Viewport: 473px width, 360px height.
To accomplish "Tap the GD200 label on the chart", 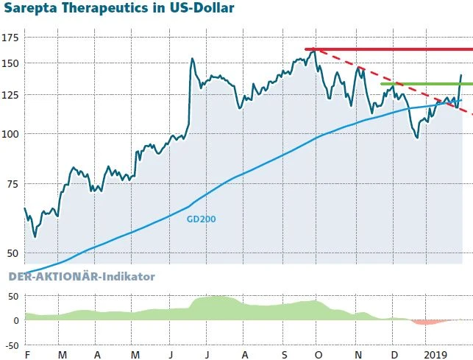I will (x=201, y=219).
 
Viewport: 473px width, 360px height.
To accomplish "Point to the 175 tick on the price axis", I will (x=11, y=38).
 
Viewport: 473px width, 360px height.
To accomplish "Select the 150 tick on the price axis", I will (x=11, y=64).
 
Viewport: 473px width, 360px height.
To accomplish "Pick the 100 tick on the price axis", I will (x=11, y=134).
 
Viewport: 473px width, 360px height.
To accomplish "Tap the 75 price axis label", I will (x=11, y=184).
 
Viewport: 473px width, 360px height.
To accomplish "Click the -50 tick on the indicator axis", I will (x=11, y=345).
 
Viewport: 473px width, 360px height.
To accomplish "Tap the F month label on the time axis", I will (x=27, y=355).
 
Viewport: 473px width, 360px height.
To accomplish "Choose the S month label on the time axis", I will (x=284, y=355).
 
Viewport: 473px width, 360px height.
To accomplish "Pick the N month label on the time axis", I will (x=358, y=355).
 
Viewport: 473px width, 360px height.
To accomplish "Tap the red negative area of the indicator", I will (x=428, y=322).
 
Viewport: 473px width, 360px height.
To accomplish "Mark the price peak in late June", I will (x=192, y=60).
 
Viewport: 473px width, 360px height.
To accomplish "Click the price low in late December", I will (x=417, y=137).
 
